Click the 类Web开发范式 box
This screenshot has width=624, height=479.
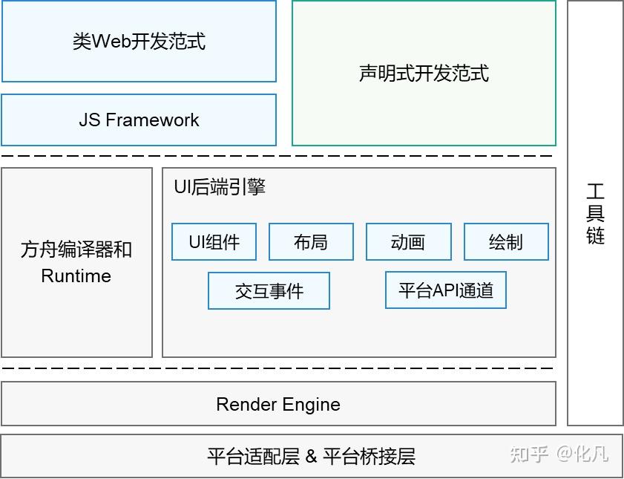click(x=139, y=41)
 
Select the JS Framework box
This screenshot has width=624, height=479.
click(x=139, y=120)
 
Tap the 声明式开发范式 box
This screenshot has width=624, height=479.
click(x=424, y=73)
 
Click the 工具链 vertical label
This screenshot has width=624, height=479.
click(x=595, y=214)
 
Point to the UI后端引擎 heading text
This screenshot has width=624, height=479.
click(x=220, y=186)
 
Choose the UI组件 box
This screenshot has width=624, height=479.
click(x=214, y=242)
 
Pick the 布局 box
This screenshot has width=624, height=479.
click(x=311, y=242)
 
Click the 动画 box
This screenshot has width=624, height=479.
click(x=408, y=242)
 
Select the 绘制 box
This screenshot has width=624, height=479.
click(x=506, y=242)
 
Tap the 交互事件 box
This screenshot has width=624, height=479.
click(x=269, y=290)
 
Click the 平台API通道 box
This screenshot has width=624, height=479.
click(x=445, y=290)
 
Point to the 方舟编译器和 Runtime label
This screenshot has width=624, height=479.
click(x=76, y=262)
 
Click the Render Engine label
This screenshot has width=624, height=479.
click(x=278, y=404)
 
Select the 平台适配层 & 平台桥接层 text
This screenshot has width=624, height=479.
click(x=311, y=456)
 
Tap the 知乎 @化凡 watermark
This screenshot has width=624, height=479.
click(x=558, y=454)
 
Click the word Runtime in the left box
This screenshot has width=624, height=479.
click(x=76, y=276)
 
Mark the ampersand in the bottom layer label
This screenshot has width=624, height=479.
click(x=311, y=456)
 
